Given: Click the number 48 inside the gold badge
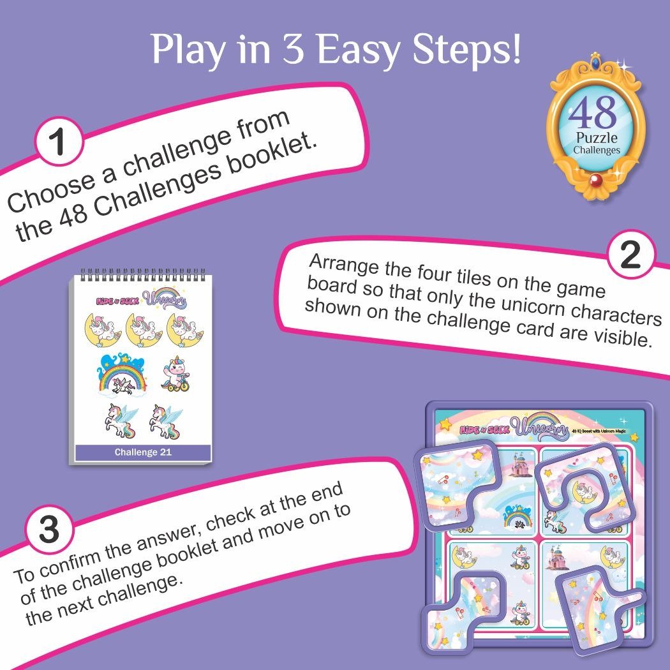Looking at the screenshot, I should coord(593,113).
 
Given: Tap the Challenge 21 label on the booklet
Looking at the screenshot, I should coord(143,452).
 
